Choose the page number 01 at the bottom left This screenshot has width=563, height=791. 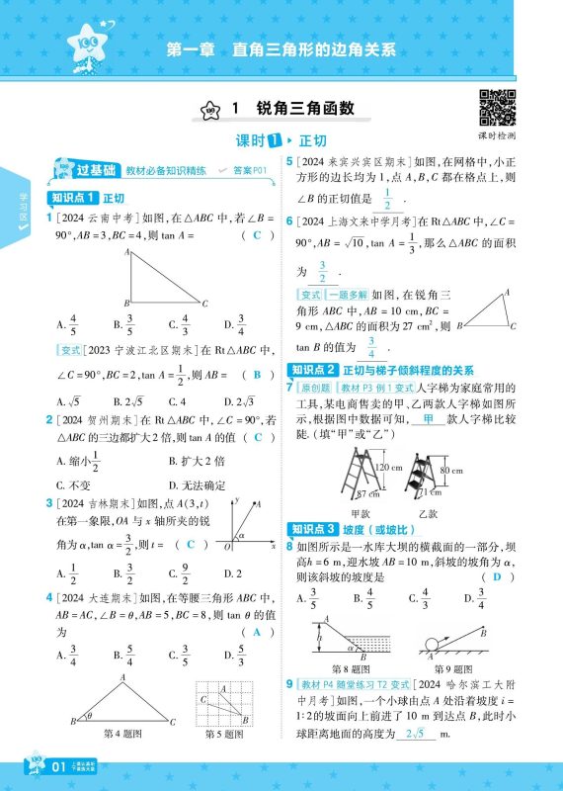57,767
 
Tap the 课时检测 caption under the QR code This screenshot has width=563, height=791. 498,135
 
